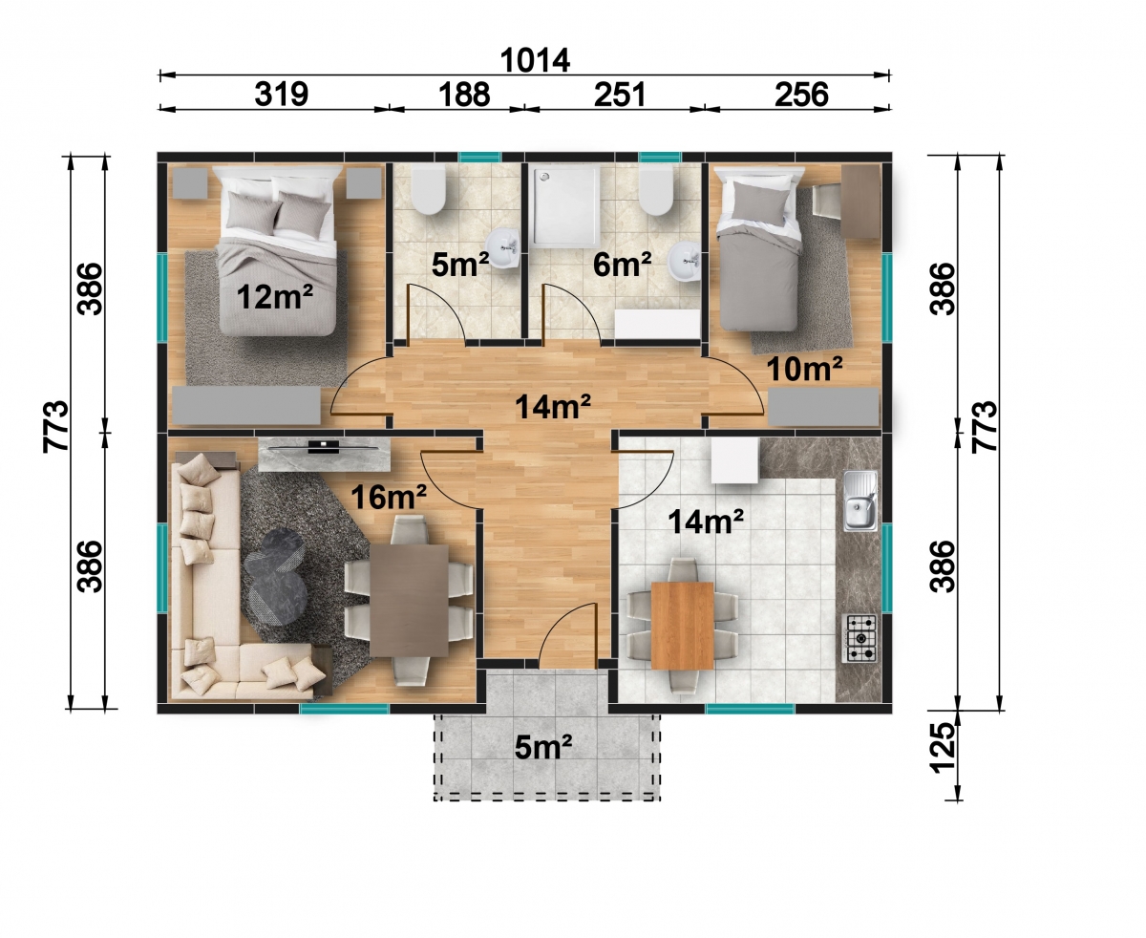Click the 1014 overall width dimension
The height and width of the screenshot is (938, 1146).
point(535,60)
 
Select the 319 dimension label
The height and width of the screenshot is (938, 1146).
point(282,94)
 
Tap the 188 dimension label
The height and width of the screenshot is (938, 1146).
point(464,94)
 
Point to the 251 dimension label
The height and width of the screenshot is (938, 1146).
point(620,94)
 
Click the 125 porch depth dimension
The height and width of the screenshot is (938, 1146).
point(943,747)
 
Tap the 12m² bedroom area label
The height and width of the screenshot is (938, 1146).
point(274,297)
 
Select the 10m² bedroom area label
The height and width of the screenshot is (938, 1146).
point(804,369)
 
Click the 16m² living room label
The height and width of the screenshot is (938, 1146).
point(389,496)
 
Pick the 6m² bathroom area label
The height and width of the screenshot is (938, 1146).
point(622,265)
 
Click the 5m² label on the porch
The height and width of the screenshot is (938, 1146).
point(542,747)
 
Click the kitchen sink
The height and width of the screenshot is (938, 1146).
point(859,501)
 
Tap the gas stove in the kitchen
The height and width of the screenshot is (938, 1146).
point(859,638)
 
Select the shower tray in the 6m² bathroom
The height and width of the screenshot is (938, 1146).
point(566,206)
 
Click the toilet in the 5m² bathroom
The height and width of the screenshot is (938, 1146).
point(428,190)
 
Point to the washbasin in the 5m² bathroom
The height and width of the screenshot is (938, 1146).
point(503,249)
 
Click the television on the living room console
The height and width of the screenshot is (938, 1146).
point(324,447)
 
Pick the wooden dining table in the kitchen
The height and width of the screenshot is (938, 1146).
point(682,626)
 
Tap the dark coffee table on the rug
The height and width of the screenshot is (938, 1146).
point(275,577)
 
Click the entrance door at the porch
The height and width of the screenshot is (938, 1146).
point(566,635)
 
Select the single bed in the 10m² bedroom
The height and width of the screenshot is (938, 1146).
point(759,250)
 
